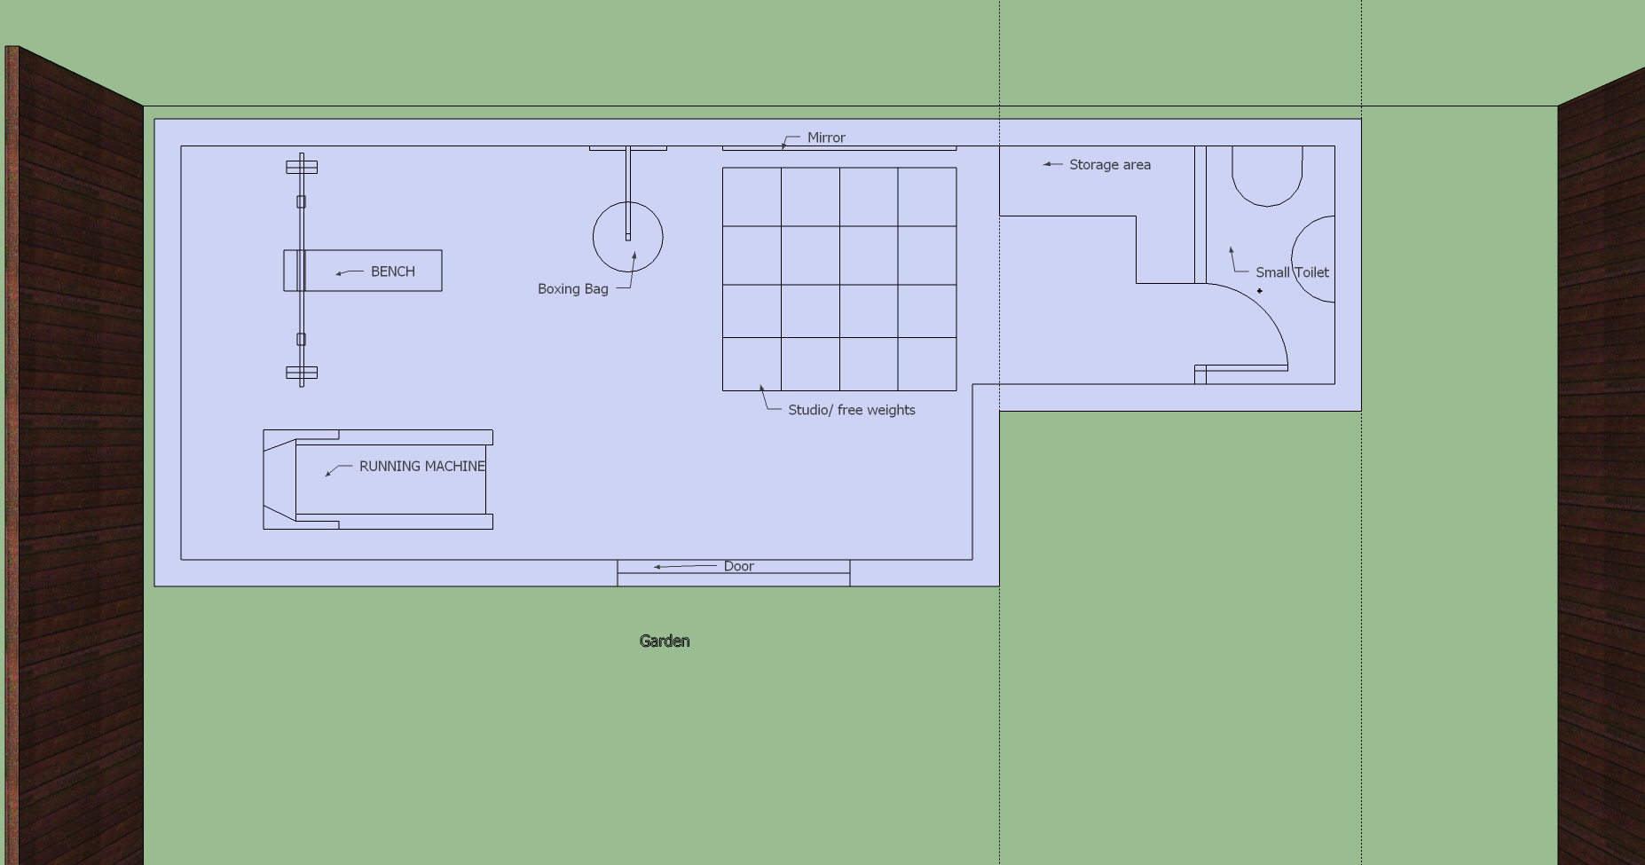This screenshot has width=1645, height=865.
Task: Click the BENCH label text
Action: click(x=393, y=271)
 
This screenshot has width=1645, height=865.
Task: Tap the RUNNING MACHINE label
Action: click(x=422, y=466)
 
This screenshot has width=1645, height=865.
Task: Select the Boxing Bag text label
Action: click(x=573, y=288)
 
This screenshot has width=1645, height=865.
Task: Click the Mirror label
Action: click(x=826, y=138)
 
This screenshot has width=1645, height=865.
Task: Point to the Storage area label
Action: click(x=1110, y=164)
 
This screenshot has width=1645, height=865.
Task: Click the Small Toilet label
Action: click(x=1292, y=272)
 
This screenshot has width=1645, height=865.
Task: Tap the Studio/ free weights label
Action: click(x=852, y=410)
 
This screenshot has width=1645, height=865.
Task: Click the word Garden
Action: click(x=665, y=641)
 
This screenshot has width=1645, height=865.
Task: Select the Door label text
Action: click(x=739, y=566)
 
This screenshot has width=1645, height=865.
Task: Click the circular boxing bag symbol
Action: click(x=594, y=237)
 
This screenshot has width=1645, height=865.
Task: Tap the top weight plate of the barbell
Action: click(x=302, y=167)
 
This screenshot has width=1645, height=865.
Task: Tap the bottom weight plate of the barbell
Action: click(x=302, y=373)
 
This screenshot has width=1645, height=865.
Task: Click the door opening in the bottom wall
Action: click(x=734, y=573)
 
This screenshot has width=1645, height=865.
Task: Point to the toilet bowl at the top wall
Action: click(x=1267, y=206)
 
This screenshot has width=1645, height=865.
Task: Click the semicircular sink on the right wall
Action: click(x=1292, y=258)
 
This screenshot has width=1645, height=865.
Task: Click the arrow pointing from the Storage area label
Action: click(x=1052, y=164)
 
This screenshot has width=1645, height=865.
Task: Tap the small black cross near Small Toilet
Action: click(x=1259, y=291)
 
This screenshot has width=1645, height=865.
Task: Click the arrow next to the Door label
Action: click(x=685, y=566)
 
